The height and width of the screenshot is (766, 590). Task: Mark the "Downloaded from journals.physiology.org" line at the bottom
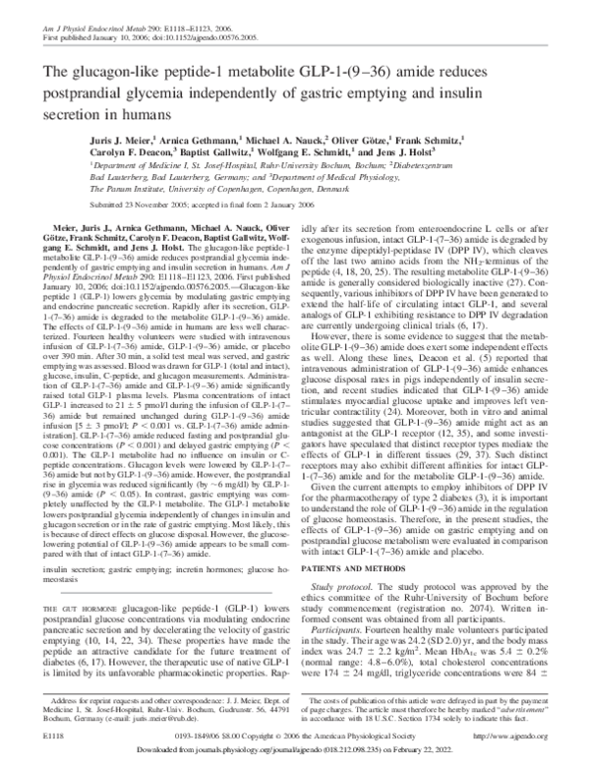click(295, 750)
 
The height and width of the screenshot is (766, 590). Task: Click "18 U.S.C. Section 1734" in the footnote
click(412, 717)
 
